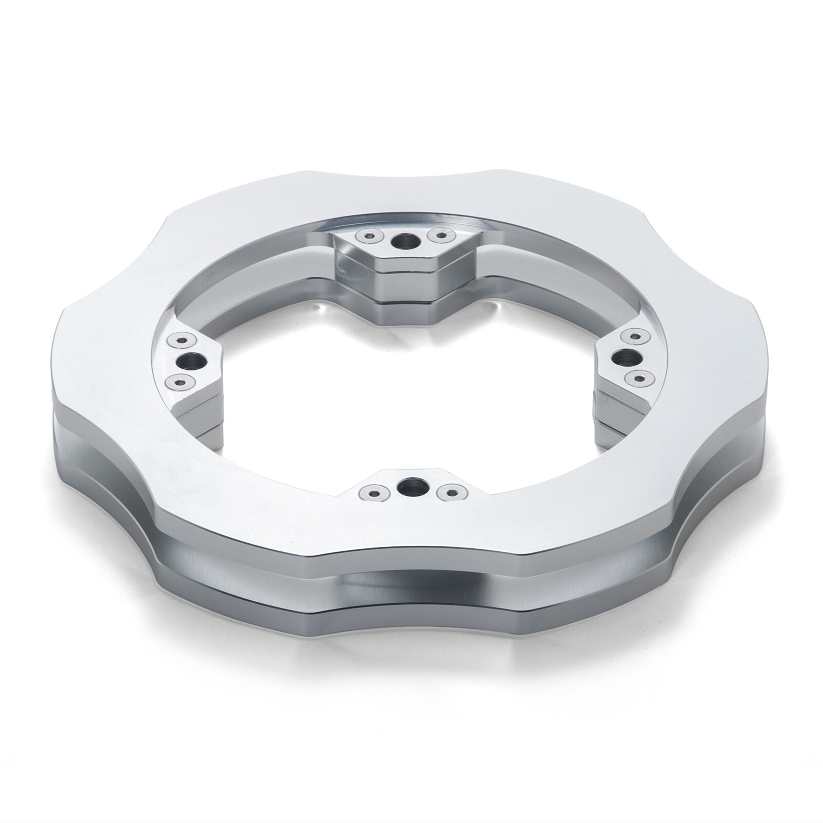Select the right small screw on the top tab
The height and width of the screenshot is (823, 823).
pyautogui.click(x=439, y=236)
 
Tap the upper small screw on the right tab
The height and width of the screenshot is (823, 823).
pyautogui.click(x=632, y=336)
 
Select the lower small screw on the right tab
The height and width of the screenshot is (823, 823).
pyautogui.click(x=638, y=378)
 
